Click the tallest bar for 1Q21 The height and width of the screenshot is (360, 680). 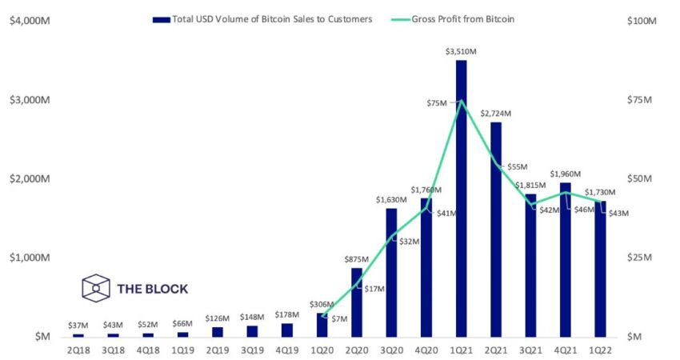coord(461,200)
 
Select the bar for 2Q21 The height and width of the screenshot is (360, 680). coord(496,232)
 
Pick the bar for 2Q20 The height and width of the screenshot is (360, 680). coord(357,302)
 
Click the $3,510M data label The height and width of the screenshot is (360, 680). coord(461,52)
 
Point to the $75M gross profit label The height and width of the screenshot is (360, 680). coord(437,102)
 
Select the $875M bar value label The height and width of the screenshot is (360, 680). coord(356,259)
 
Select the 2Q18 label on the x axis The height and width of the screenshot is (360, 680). coord(78,350)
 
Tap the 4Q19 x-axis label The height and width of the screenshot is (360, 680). coord(287,350)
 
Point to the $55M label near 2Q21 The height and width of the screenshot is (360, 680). coord(518,166)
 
